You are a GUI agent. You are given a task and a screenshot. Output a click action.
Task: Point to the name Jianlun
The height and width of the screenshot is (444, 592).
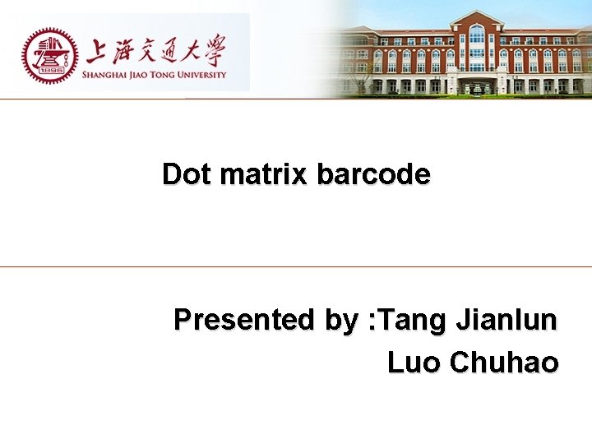(504, 319)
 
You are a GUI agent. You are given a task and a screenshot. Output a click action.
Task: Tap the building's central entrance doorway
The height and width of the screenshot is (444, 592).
(477, 85)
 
